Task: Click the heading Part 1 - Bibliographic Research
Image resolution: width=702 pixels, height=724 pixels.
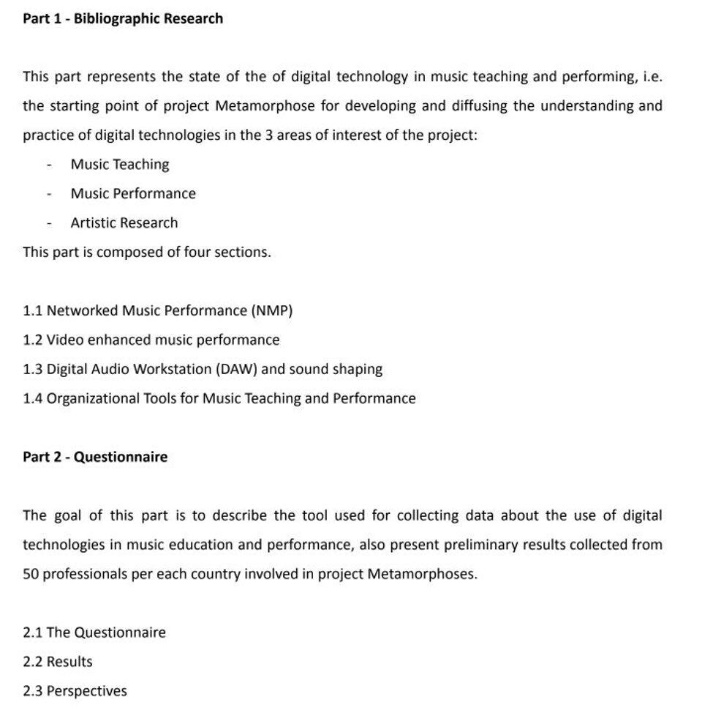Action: point(123,18)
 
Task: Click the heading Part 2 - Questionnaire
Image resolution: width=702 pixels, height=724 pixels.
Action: point(95,457)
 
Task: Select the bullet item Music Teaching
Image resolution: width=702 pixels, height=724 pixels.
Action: point(120,165)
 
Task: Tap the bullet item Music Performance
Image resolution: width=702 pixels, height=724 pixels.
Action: point(133,194)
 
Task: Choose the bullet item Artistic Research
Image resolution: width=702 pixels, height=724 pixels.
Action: point(124,223)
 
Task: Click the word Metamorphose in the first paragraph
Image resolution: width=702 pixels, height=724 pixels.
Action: point(265,106)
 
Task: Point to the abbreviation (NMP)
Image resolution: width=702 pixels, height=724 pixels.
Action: point(271,311)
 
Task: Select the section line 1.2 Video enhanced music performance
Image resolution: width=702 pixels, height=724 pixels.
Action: point(151,340)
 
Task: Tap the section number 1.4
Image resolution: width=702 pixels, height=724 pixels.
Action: point(33,399)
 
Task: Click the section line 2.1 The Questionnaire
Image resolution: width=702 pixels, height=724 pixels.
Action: point(94,632)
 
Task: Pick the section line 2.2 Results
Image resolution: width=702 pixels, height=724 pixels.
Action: point(58,662)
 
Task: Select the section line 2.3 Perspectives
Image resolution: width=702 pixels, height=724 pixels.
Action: point(75,691)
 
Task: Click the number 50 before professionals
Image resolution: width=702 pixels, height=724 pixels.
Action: point(31,574)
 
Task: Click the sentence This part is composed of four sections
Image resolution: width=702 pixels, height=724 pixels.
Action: point(147,253)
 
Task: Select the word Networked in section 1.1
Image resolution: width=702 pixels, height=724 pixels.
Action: point(82,311)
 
